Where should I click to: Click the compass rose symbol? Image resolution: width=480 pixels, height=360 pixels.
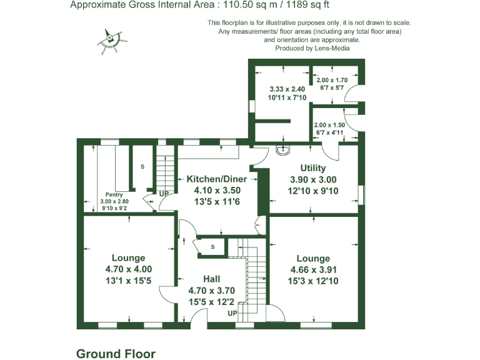pyautogui.click(x=111, y=39)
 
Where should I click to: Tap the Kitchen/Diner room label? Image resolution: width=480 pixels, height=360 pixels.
pyautogui.click(x=214, y=179)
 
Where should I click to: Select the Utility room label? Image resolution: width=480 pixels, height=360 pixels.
pyautogui.click(x=312, y=169)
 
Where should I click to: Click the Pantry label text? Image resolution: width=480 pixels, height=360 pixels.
pyautogui.click(x=113, y=194)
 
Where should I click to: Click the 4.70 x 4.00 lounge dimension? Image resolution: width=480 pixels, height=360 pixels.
pyautogui.click(x=128, y=269)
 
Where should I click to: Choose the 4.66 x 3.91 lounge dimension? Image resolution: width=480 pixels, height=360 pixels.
pyautogui.click(x=313, y=270)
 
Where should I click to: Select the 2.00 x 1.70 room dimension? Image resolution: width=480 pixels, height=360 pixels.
pyautogui.click(x=332, y=80)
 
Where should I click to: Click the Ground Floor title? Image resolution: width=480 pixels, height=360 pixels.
pyautogui.click(x=116, y=354)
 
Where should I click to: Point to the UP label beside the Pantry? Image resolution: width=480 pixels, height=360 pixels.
pyautogui.click(x=164, y=194)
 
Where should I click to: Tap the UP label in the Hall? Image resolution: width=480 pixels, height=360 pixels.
pyautogui.click(x=232, y=312)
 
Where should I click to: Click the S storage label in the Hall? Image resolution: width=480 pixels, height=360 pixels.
pyautogui.click(x=212, y=247)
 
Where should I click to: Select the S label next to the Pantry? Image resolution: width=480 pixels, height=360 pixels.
pyautogui.click(x=142, y=167)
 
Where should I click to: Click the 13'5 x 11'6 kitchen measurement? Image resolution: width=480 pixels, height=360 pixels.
pyautogui.click(x=214, y=201)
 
